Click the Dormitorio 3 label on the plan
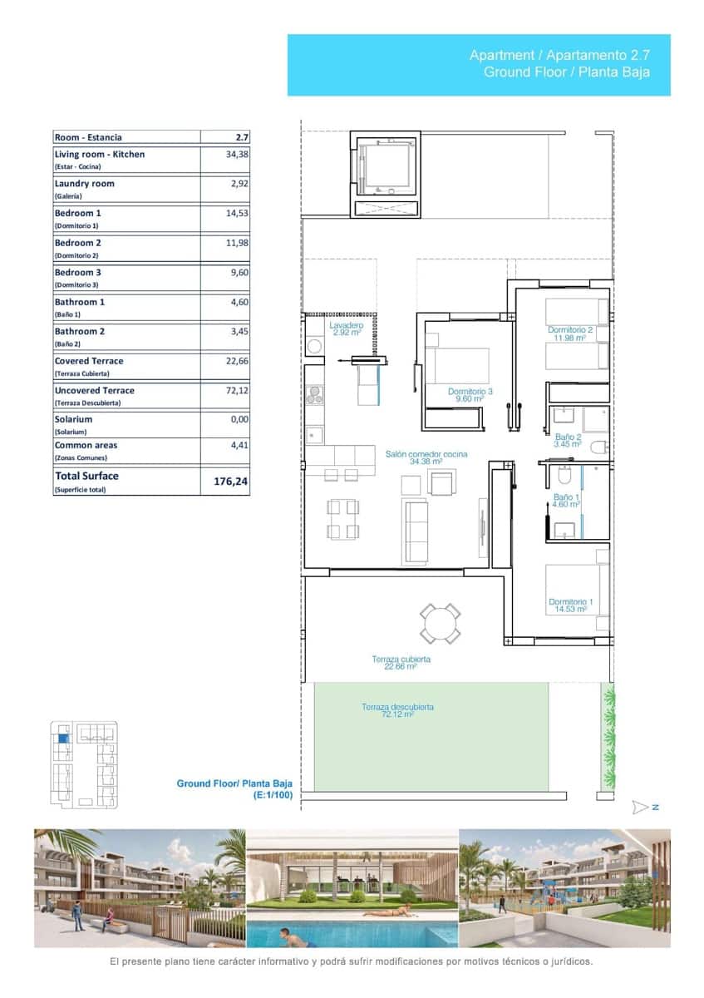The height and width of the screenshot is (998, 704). [x=470, y=395]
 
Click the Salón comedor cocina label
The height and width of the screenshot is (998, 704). [x=426, y=457]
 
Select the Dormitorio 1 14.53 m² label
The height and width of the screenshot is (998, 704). [x=570, y=605]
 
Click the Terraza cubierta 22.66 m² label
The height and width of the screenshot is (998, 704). [x=401, y=662]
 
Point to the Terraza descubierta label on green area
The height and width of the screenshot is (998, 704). [x=397, y=710]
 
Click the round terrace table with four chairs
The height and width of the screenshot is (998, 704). [x=440, y=623]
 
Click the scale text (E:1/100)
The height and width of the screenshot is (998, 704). [x=273, y=796]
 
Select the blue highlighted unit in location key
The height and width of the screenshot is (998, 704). [x=62, y=737]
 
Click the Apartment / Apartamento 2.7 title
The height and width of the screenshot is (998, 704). [x=559, y=56]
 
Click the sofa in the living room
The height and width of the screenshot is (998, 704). [x=416, y=530]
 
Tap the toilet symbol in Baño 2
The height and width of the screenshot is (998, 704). [x=597, y=447]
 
